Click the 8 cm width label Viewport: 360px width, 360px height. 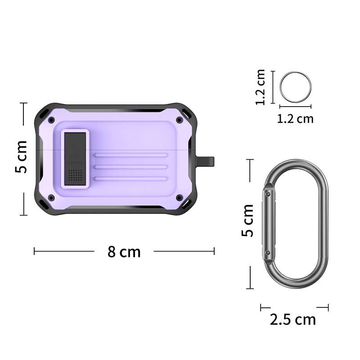click(124, 252)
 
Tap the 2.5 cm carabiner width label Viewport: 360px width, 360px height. click(293, 319)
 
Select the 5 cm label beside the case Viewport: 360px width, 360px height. click(21, 157)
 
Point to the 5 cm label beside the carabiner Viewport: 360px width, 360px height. click(247, 220)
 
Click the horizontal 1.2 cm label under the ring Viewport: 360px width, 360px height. click(295, 119)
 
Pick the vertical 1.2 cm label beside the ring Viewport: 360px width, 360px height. click(261, 87)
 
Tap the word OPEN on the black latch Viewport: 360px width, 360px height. click(75, 163)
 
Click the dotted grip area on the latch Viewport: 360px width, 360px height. click(75, 175)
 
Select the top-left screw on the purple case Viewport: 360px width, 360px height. click(51, 120)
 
